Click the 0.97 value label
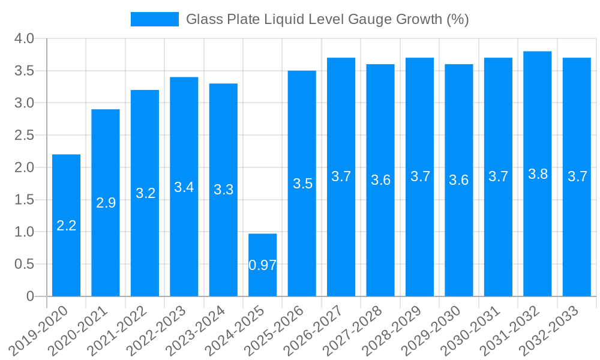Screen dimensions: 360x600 click(263, 265)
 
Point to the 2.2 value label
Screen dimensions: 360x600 click(66, 226)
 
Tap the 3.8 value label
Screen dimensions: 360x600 click(538, 174)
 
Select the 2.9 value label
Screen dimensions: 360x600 click(106, 203)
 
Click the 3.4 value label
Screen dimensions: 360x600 click(184, 187)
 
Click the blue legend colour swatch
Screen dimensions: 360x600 click(155, 19)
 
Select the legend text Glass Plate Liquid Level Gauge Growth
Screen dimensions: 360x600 click(327, 19)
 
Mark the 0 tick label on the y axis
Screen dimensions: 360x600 click(31, 296)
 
